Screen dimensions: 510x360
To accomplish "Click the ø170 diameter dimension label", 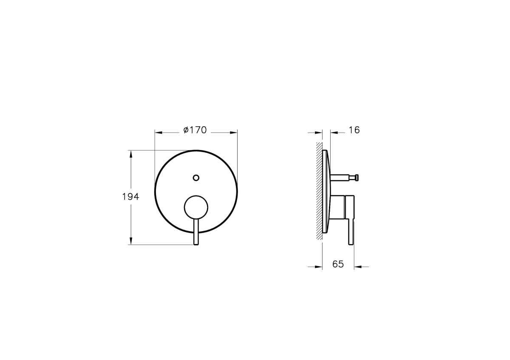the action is coord(195,130).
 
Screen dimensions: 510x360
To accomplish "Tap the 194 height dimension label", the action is coord(130,197).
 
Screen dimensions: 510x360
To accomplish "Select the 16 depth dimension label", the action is coord(354,130).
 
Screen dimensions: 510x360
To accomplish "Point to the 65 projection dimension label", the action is coord(338,264).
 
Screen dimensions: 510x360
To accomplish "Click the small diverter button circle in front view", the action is coord(196,178).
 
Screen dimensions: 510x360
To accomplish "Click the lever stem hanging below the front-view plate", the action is coord(196,232).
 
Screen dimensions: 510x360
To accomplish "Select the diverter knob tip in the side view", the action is coord(357,178).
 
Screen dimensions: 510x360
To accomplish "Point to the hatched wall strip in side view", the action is coord(319,191).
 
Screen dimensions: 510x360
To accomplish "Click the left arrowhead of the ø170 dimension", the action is coord(159,133).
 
